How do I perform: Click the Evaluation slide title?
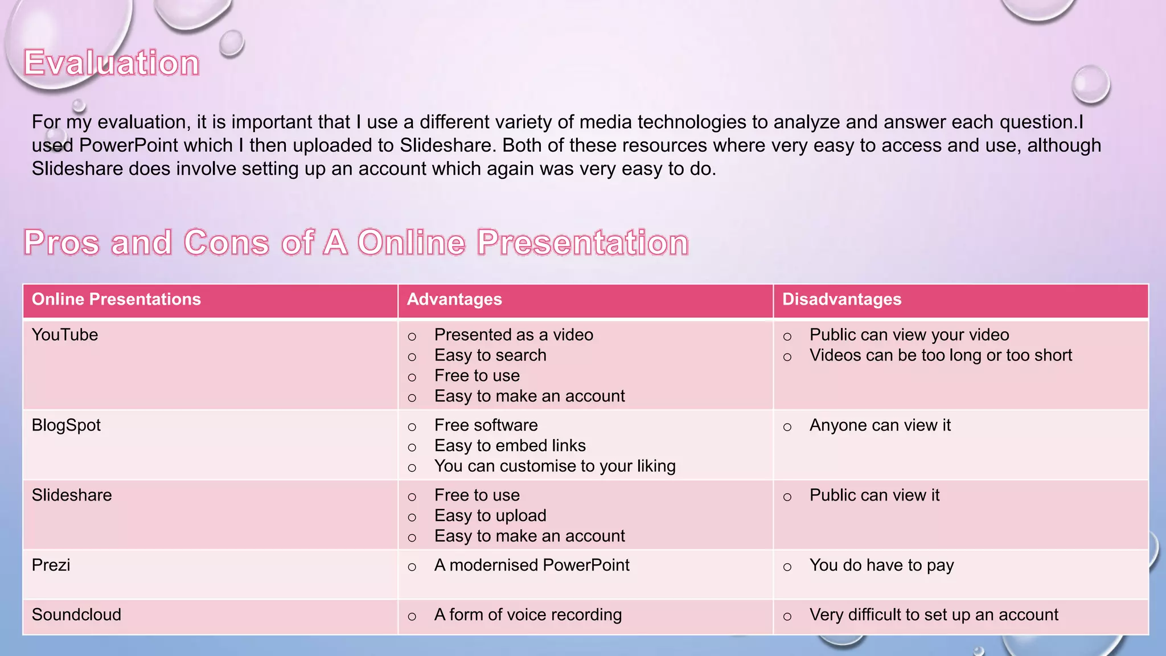tap(112, 63)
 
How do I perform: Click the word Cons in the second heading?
tap(226, 243)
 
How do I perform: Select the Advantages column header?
tap(454, 300)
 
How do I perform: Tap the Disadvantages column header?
tap(841, 300)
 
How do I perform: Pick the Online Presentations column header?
tap(116, 300)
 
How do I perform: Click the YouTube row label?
tap(65, 335)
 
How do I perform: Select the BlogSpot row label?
tap(66, 425)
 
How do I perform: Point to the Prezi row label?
tap(51, 565)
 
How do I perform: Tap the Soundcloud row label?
tap(76, 615)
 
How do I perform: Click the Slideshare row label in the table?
tap(72, 495)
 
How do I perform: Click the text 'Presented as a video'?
tap(514, 335)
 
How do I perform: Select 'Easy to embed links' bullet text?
tap(510, 446)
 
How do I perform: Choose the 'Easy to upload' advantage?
tap(490, 516)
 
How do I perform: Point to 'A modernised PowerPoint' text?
tap(532, 565)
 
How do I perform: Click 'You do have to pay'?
tap(881, 565)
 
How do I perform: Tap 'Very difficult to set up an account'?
tap(934, 615)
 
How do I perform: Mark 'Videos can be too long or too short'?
tap(941, 355)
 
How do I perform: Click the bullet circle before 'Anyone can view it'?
tap(787, 427)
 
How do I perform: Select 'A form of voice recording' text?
tap(528, 615)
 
